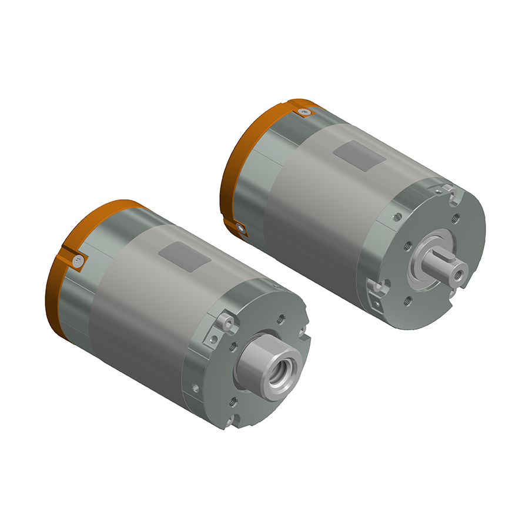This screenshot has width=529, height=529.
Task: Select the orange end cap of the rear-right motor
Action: pyautogui.click(x=235, y=170)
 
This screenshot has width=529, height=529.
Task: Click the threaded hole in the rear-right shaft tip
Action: pyautogui.click(x=457, y=273)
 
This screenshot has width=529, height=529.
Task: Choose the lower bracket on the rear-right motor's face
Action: pyautogui.click(x=377, y=292)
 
